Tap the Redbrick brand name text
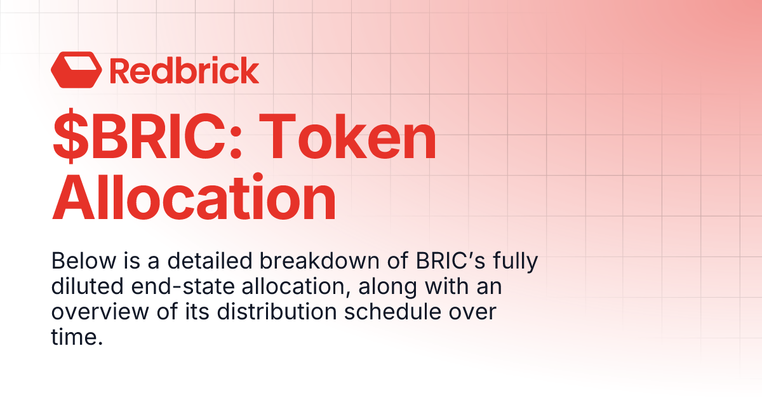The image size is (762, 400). click(184, 70)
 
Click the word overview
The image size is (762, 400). click(93, 312)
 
